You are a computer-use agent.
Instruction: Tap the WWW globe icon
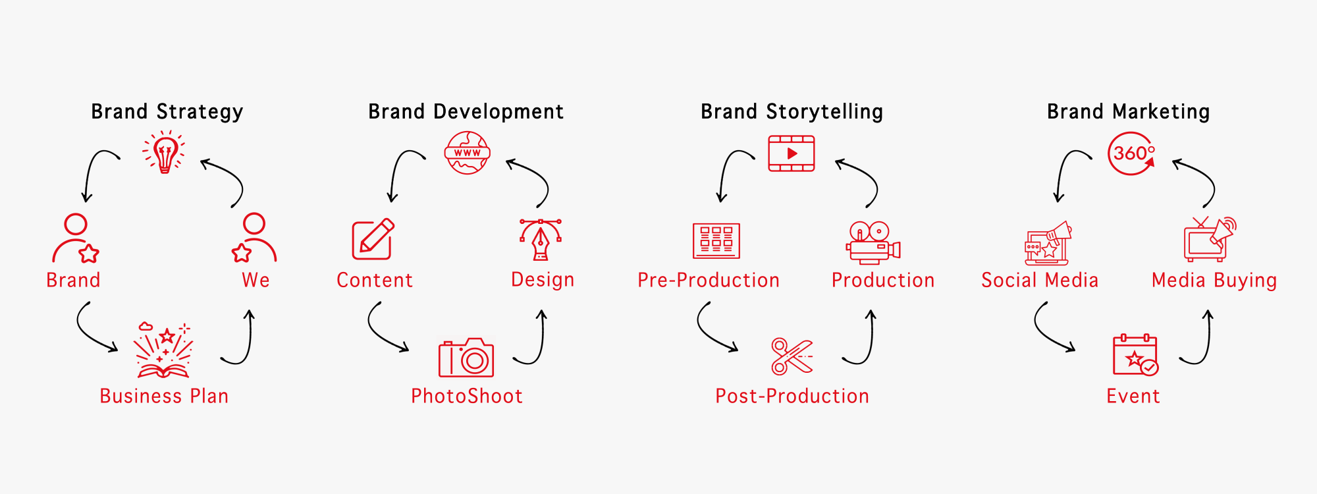click(468, 153)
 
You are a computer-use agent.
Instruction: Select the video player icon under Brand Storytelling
click(792, 153)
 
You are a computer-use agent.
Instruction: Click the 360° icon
click(1132, 153)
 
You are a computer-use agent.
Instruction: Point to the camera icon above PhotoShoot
click(466, 358)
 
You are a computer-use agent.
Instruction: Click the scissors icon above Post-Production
click(792, 356)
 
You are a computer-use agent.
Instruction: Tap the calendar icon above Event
click(1135, 355)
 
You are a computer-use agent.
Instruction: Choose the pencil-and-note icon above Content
click(373, 239)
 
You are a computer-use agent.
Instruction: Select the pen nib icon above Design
click(541, 240)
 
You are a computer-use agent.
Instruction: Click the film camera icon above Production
click(873, 242)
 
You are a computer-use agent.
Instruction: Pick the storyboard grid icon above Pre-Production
click(716, 240)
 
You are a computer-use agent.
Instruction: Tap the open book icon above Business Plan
click(163, 350)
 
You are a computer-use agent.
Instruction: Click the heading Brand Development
click(466, 112)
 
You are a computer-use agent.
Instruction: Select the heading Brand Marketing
click(1129, 112)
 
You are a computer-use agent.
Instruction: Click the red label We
click(255, 281)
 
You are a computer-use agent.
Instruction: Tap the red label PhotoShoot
click(467, 396)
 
